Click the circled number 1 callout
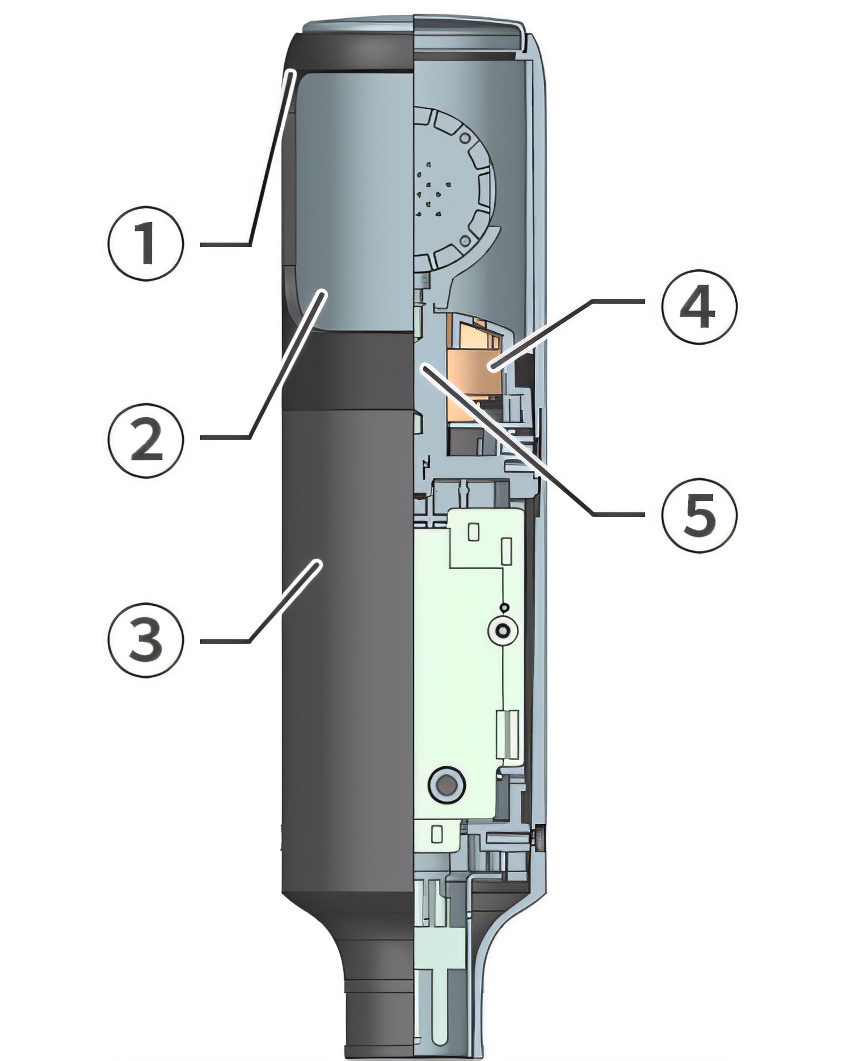[146, 244]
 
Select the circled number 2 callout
[146, 439]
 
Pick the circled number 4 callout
[699, 307]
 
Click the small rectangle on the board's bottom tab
[437, 834]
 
